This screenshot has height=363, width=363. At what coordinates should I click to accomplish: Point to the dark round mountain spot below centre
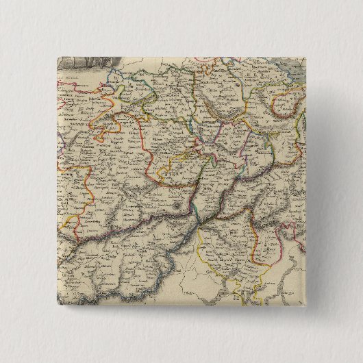pyautogui.click(x=180, y=204)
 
